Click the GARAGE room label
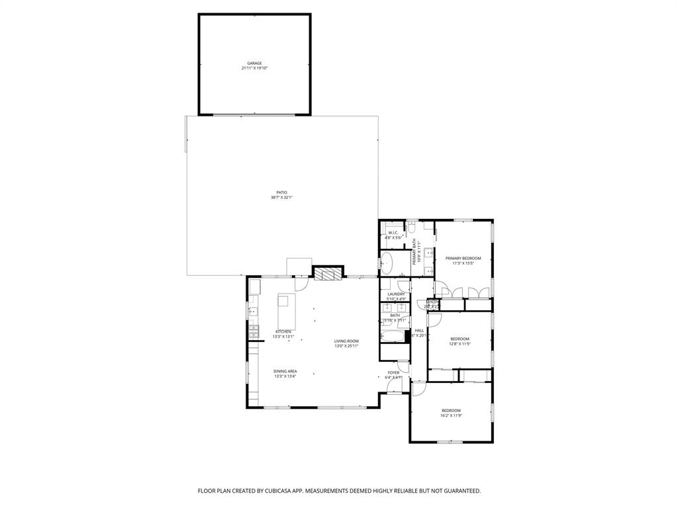[x=255, y=63]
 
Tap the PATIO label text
[x=282, y=192]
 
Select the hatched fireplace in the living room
[x=328, y=273]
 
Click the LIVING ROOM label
[x=346, y=341]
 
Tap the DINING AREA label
[x=285, y=371]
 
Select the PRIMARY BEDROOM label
[x=463, y=258]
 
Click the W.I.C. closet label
[x=393, y=232]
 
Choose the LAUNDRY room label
[x=396, y=294]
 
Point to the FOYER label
[x=393, y=372]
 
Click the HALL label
[x=419, y=330]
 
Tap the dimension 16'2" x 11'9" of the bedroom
[x=451, y=415]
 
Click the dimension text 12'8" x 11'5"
[x=460, y=344]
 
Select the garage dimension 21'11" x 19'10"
[x=255, y=68]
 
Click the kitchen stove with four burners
[x=252, y=328]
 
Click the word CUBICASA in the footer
[x=277, y=491]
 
